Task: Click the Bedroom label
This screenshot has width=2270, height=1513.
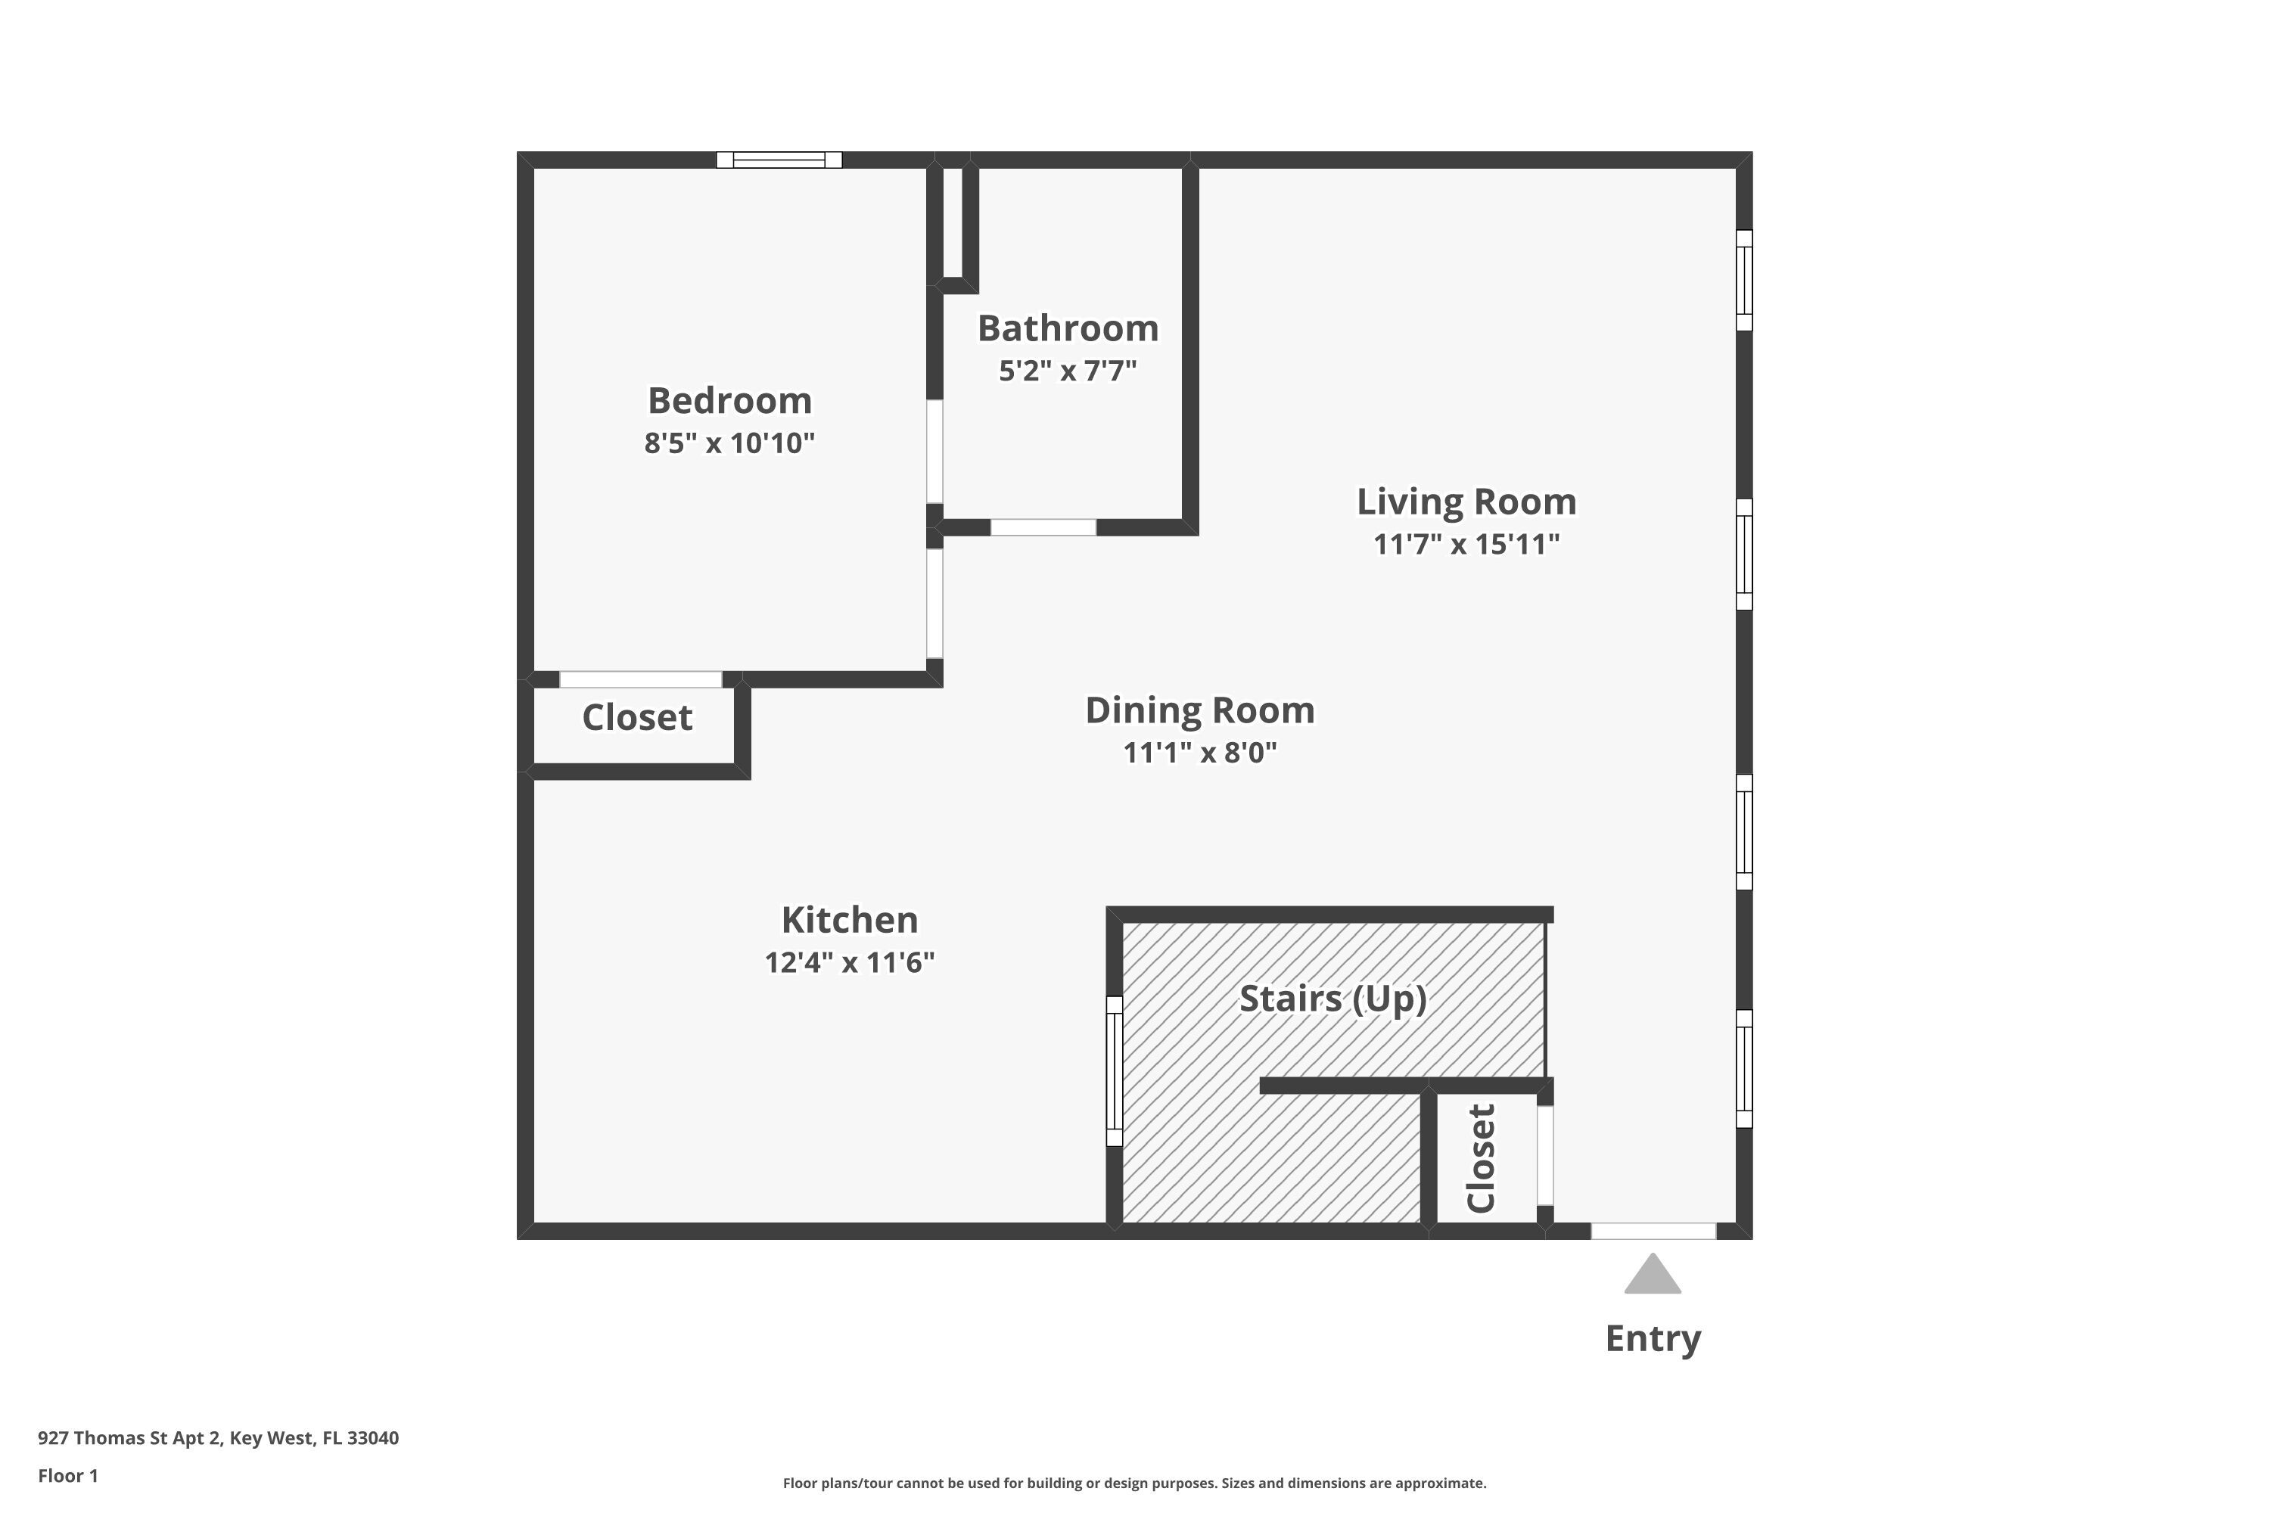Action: pyautogui.click(x=729, y=400)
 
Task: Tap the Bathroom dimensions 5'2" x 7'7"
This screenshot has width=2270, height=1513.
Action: pyautogui.click(x=1068, y=371)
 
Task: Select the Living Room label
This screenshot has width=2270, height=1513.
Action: pyautogui.click(x=1466, y=502)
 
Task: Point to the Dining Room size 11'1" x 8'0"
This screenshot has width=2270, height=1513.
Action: pyautogui.click(x=1199, y=753)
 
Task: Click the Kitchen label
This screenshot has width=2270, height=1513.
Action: pyautogui.click(x=849, y=920)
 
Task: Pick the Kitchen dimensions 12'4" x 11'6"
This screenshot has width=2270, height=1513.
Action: pyautogui.click(x=849, y=963)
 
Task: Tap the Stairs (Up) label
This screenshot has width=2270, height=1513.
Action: pyautogui.click(x=1332, y=999)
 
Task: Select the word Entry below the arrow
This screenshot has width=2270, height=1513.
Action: pyautogui.click(x=1653, y=1338)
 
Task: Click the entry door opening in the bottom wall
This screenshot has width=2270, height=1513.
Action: pyautogui.click(x=1653, y=1232)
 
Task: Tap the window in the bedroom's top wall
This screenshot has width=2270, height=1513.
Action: pyautogui.click(x=779, y=160)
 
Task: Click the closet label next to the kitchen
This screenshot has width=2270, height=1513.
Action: pyautogui.click(x=637, y=718)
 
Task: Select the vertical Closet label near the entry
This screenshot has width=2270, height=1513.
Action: pyautogui.click(x=1481, y=1158)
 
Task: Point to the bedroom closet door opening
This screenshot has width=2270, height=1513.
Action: pyautogui.click(x=640, y=679)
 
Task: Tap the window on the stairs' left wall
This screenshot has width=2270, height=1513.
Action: pyautogui.click(x=1114, y=1071)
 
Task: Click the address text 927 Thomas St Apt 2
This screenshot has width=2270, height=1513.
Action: pyautogui.click(x=218, y=1438)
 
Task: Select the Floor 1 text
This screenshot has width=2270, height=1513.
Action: pyautogui.click(x=67, y=1475)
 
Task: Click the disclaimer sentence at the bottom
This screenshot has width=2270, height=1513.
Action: pyautogui.click(x=1134, y=1483)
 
